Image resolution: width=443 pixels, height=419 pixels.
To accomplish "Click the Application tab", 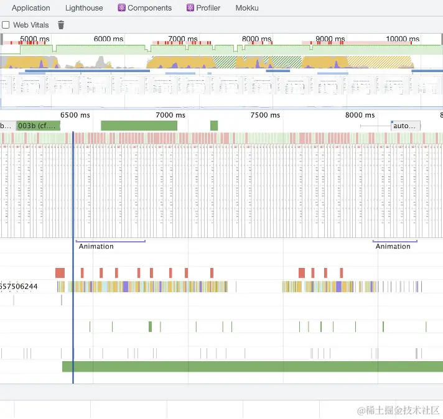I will pos(30,8).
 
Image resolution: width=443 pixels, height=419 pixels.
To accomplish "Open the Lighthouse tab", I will pos(84,8).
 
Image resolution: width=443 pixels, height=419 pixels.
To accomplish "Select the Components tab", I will pos(149,8).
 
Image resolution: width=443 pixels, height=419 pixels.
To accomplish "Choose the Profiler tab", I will pos(208,8).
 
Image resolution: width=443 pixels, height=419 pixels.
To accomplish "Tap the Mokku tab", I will pos(247,8).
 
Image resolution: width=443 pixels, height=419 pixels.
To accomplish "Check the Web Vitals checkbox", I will pos(6,25).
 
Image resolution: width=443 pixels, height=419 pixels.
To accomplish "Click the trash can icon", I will pos(61,25).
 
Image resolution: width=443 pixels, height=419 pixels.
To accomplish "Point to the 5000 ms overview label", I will pos(35,39).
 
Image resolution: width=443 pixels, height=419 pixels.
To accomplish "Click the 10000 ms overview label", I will pos(403,39).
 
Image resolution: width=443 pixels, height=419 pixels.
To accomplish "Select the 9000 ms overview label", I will pos(330,39).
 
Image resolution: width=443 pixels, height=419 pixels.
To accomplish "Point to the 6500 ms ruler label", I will pos(75,115).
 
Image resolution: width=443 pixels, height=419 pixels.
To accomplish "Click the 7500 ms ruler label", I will pos(265,115).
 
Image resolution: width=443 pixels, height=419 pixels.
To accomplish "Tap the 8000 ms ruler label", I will pos(360,115).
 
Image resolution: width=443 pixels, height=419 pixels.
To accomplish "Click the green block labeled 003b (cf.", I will pos(37,126).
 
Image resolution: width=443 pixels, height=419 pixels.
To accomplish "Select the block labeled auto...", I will pos(405,126).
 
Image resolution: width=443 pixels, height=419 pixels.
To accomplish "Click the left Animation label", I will pos(96,246).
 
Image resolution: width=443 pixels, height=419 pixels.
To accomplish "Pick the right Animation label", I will pos(393,246).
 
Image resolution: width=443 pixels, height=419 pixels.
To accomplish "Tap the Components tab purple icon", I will pos(122,8).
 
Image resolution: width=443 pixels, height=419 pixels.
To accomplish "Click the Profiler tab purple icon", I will pos(190,8).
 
